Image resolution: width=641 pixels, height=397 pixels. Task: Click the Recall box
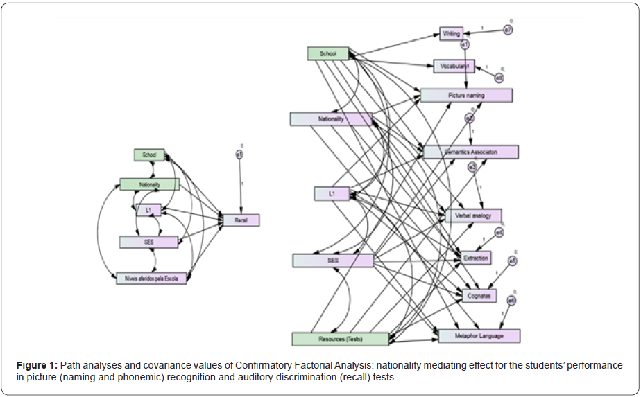241,220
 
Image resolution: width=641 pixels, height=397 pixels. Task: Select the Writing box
451,33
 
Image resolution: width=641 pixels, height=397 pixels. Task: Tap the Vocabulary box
454,67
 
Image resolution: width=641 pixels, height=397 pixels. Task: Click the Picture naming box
466,95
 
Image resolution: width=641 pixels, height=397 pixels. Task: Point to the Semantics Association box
471,152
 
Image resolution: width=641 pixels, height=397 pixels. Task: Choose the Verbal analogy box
473,215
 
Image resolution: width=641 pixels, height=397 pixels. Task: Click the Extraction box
477,258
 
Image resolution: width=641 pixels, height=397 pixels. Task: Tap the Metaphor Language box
479,336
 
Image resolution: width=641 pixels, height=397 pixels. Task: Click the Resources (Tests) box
340,339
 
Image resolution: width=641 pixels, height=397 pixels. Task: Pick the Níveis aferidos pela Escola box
151,278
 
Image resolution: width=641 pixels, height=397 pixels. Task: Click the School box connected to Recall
149,155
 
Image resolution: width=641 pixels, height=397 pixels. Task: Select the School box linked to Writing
328,54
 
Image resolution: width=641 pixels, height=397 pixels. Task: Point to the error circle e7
508,30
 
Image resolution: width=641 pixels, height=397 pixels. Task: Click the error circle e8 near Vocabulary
499,78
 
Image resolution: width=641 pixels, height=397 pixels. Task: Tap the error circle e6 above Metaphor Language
511,301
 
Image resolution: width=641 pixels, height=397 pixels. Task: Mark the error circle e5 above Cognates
512,261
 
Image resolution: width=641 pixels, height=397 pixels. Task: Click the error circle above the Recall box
239,155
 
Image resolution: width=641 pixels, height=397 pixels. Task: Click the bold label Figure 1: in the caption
40,365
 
